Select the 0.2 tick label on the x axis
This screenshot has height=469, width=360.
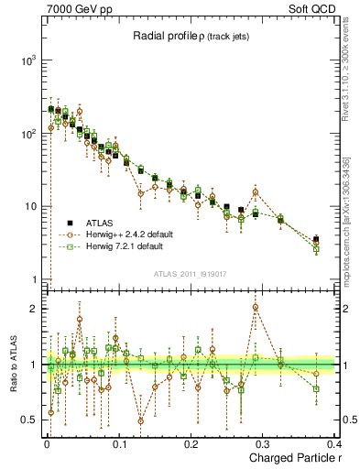point(191,445)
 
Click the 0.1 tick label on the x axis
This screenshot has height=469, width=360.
point(119,445)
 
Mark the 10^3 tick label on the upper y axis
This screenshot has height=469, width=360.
point(27,60)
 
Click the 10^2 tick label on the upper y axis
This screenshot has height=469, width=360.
point(27,134)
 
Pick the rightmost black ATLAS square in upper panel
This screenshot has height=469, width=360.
point(316,240)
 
